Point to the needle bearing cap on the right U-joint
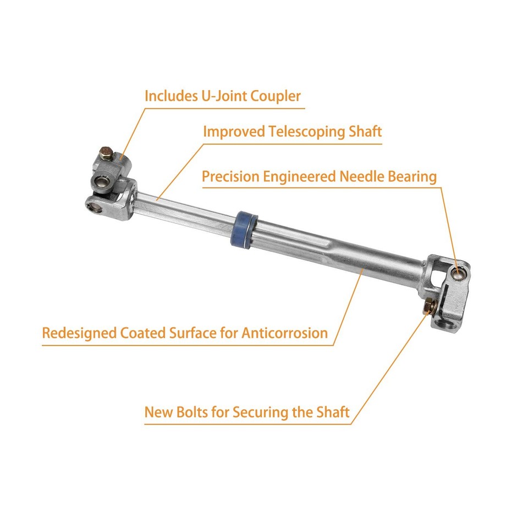click(458, 272)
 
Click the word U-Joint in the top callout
click(223, 96)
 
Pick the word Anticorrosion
click(284, 333)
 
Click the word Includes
click(168, 96)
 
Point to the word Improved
click(234, 132)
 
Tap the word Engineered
click(298, 177)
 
